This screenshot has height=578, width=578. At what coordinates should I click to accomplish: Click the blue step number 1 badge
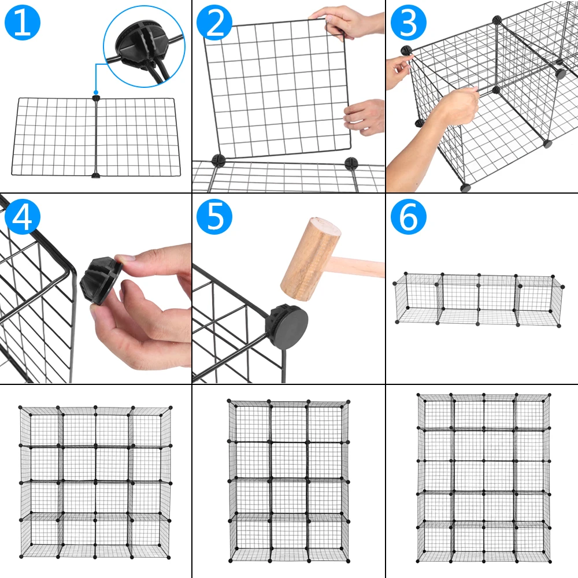tap(23, 23)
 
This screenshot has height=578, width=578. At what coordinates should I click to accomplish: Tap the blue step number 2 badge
tap(214, 23)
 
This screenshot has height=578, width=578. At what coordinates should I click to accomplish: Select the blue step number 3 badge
tap(408, 23)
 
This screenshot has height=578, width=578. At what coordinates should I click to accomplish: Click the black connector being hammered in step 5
tap(287, 322)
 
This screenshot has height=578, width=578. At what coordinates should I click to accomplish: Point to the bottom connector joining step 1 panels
tap(96, 174)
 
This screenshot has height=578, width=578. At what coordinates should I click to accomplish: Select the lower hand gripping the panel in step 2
tap(366, 117)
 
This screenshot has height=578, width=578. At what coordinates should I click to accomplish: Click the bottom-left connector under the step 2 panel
tap(218, 160)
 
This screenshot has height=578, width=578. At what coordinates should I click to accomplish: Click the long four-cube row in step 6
tap(479, 299)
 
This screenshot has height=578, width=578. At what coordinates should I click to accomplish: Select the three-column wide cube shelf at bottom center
tap(288, 480)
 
